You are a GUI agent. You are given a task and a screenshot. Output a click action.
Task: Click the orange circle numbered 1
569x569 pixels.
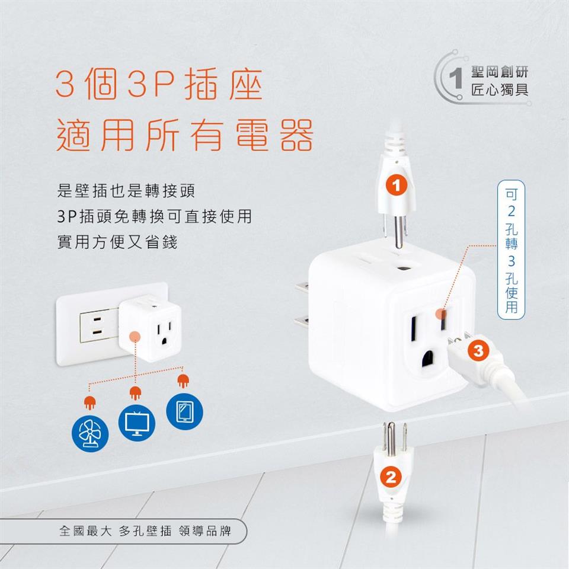pos(397,185)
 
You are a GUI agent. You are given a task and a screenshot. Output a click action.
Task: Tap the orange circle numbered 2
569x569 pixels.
pos(391,477)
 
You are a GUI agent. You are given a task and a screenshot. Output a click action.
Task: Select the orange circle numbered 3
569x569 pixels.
pos(478,350)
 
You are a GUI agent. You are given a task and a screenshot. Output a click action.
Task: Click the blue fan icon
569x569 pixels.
pos(90,433)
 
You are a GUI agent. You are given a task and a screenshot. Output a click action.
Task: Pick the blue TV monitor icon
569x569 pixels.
pos(137,423)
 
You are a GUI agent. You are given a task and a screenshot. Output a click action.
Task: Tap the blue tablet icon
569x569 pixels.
pos(184,411)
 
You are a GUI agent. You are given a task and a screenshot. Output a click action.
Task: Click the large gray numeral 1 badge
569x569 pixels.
pos(455,77)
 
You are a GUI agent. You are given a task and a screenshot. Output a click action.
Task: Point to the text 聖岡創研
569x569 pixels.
pos(499,72)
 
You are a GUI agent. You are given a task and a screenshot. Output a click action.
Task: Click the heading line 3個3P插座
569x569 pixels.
pos(159,84)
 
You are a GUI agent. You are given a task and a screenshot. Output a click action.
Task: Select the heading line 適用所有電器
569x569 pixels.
pos(185,135)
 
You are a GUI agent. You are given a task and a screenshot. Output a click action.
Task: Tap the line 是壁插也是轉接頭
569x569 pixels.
pos(126,190)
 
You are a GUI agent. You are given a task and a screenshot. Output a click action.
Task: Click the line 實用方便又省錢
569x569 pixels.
pos(117,242)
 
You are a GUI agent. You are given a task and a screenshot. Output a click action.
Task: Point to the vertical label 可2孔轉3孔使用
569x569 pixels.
pos(511,250)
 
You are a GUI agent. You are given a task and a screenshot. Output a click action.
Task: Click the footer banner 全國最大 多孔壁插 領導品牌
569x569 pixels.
pos(145,531)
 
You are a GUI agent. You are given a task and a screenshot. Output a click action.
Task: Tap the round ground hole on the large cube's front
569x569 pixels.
pos(428,358)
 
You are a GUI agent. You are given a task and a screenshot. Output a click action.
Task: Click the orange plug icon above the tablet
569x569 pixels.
pos(183,381)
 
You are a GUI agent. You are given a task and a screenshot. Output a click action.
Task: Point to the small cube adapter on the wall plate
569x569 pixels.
pos(150,328)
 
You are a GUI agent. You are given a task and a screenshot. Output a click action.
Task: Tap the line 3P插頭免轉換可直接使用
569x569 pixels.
pos(155,216)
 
